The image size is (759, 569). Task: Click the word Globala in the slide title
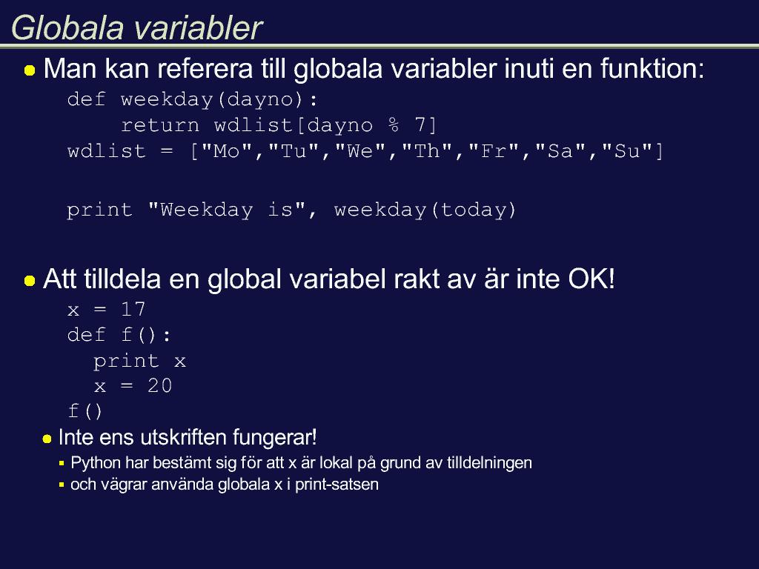pos(67,27)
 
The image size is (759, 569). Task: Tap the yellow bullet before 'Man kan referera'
pos(30,70)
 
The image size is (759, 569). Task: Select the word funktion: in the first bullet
pos(652,68)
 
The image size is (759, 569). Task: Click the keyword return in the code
pos(160,126)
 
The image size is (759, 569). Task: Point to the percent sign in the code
pos(394,125)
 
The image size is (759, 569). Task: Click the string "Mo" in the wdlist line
pos(227,151)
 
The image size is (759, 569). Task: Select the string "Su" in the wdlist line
pos(627,151)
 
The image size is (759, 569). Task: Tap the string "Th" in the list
pos(427,151)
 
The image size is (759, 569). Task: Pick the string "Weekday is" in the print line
pos(227,210)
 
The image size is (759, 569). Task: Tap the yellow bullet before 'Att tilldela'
pos(30,281)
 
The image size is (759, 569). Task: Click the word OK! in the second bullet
pos(591,279)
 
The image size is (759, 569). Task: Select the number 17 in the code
pos(133,310)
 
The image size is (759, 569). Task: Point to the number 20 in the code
pos(160,386)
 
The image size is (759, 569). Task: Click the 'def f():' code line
pos(119,335)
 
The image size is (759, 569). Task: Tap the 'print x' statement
pos(140,362)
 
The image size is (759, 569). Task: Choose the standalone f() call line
pos(85,411)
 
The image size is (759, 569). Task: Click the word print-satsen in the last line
pos(337,485)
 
